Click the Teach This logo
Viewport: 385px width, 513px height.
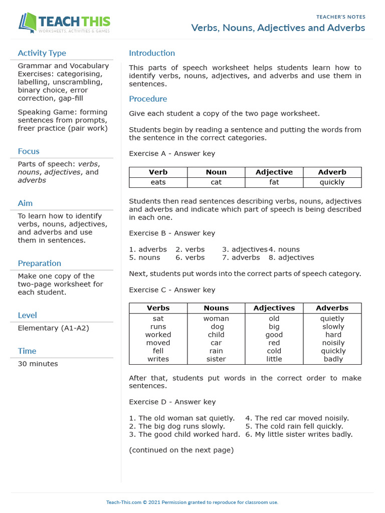pos(64,23)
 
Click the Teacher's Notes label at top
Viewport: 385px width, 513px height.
pos(340,17)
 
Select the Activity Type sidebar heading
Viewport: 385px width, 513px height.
pos(42,53)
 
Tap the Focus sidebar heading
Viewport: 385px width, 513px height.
pos(29,151)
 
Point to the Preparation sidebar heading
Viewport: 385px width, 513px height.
pos(39,264)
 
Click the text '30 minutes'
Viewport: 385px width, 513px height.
pos(38,364)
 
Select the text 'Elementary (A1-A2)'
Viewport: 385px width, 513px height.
pos(54,328)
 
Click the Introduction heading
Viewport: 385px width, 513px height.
pos(152,53)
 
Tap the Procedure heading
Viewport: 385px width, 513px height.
pos(148,99)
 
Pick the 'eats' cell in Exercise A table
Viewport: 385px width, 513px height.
pos(158,182)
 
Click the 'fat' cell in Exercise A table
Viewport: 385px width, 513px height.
pos(274,182)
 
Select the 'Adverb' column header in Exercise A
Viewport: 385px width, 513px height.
pos(332,172)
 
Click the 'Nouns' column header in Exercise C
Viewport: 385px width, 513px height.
pos(216,308)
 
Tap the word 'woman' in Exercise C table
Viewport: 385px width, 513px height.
pos(216,319)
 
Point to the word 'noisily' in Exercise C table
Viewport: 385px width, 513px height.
pos(333,343)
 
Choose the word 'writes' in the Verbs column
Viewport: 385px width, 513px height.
pos(158,359)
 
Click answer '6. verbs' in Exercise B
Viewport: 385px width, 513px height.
pos(190,258)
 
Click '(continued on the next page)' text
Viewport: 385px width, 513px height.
pos(181,450)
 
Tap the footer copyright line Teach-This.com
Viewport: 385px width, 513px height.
pos(192,502)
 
